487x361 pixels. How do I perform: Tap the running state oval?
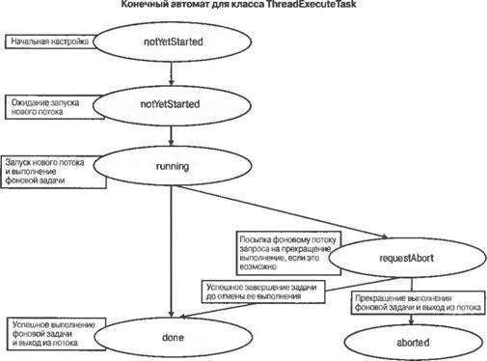pyautogui.click(x=171, y=165)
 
